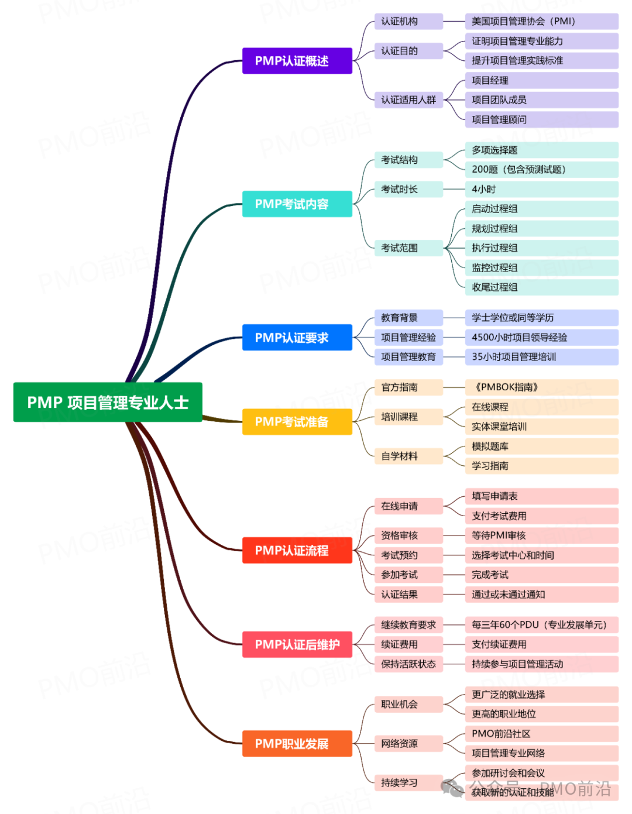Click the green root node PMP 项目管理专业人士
(108, 402)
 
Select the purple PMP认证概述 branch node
(297, 61)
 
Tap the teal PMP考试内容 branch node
(297, 204)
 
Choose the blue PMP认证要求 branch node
(297, 338)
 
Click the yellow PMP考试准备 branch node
(297, 421)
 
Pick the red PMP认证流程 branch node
(297, 550)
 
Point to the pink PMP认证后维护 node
(297, 644)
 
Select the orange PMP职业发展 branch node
(297, 743)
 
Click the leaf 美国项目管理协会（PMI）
(541, 22)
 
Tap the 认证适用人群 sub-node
(408, 100)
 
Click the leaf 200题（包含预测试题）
(541, 170)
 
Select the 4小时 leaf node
(541, 189)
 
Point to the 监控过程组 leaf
(541, 267)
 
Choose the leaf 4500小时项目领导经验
(541, 337)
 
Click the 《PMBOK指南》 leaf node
(541, 387)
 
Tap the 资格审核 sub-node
(408, 535)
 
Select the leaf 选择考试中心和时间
(541, 555)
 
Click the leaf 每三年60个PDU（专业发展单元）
(541, 624)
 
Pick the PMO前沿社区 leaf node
(541, 733)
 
